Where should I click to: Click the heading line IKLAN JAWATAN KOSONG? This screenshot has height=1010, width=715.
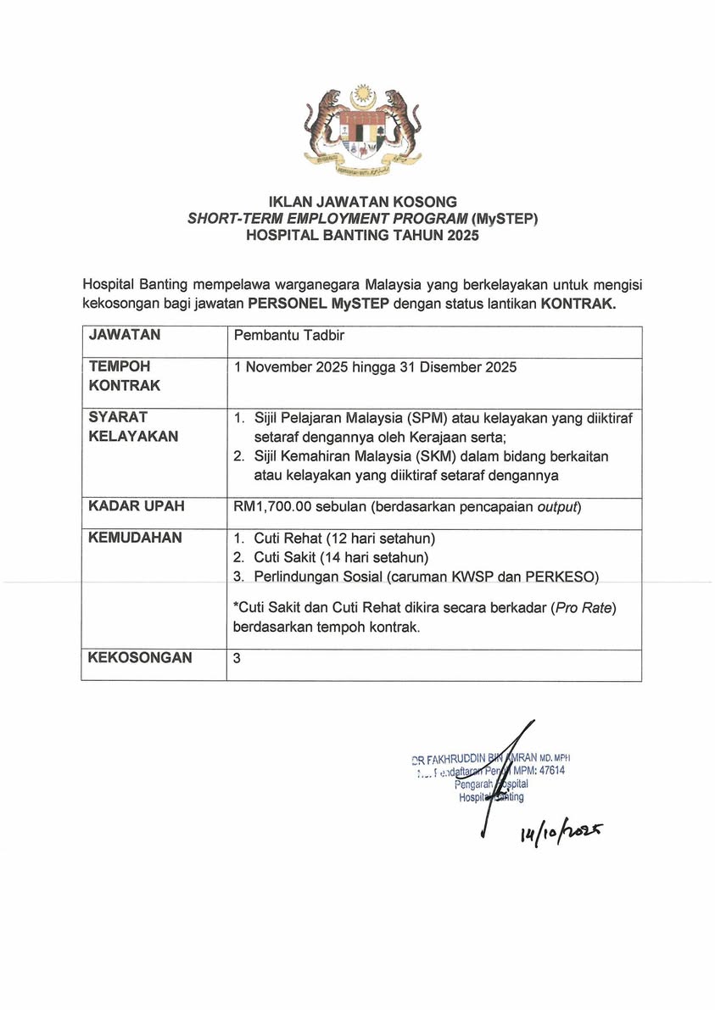(x=362, y=202)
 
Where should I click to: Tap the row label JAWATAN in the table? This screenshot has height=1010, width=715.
(x=125, y=335)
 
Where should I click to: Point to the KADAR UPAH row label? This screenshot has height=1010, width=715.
(x=137, y=506)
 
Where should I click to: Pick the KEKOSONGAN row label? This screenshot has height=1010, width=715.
(x=140, y=657)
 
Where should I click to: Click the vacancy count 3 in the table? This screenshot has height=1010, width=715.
(x=237, y=657)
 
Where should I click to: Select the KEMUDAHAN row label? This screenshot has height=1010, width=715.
(x=136, y=538)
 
